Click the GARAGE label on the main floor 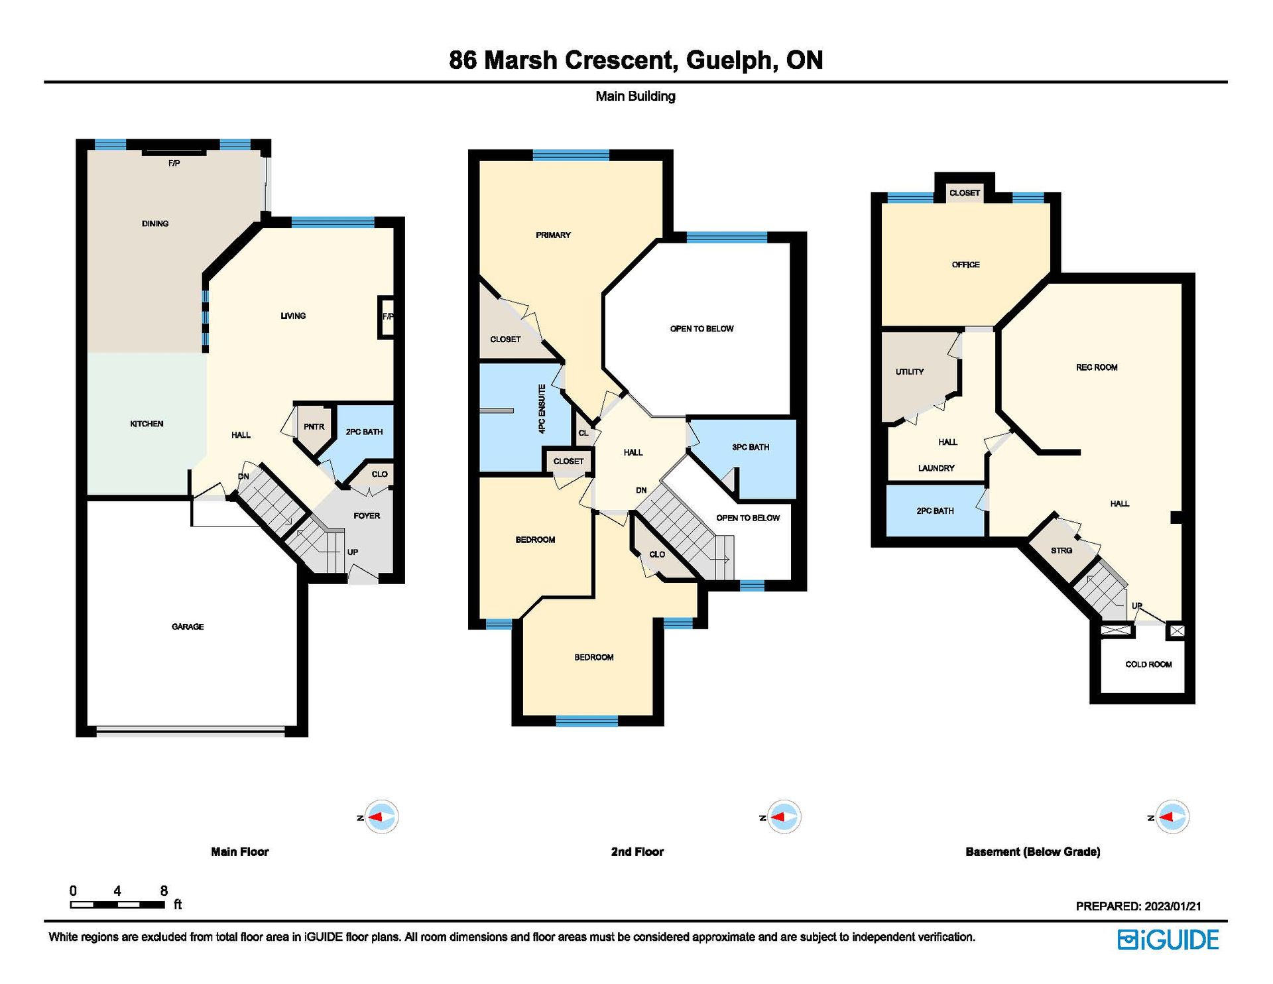tap(188, 627)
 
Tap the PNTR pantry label tap(314, 426)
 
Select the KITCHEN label tap(147, 424)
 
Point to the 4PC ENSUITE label tap(542, 409)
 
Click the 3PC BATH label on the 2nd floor tap(751, 447)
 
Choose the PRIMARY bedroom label tap(553, 235)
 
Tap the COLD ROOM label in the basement tap(1148, 664)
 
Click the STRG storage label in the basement tap(1061, 550)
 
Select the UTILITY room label tap(910, 371)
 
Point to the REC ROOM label tap(1097, 367)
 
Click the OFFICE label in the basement tap(965, 265)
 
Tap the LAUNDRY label tap(936, 468)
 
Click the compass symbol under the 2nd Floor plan tap(784, 817)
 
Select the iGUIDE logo tap(1168, 940)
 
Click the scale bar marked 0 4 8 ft tap(117, 904)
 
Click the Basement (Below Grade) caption tap(1033, 852)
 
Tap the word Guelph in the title tap(730, 60)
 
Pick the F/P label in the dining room tap(174, 163)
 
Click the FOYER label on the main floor tap(367, 516)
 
